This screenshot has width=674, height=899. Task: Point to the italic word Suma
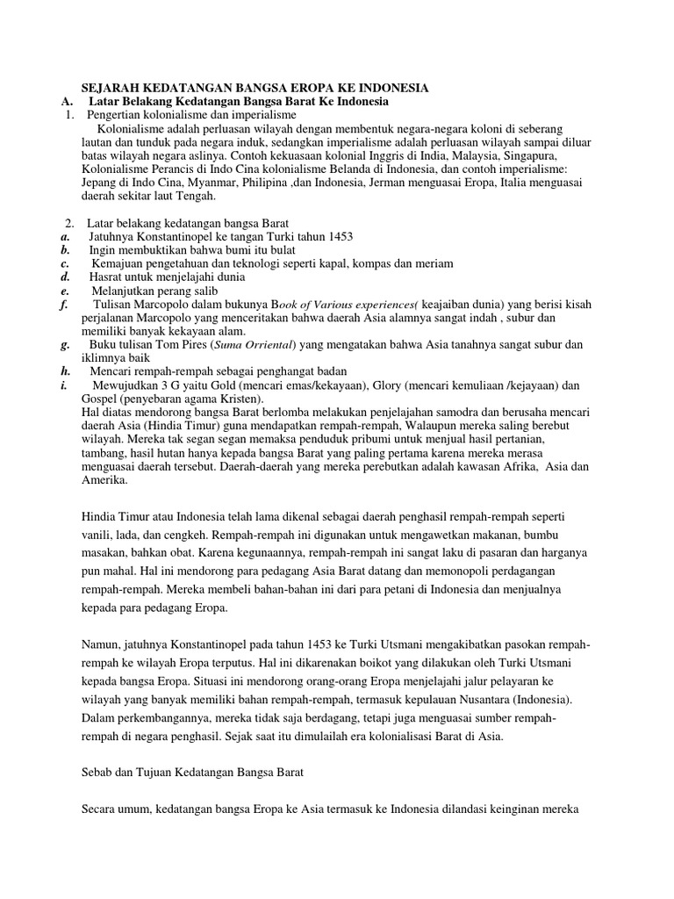(226, 345)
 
